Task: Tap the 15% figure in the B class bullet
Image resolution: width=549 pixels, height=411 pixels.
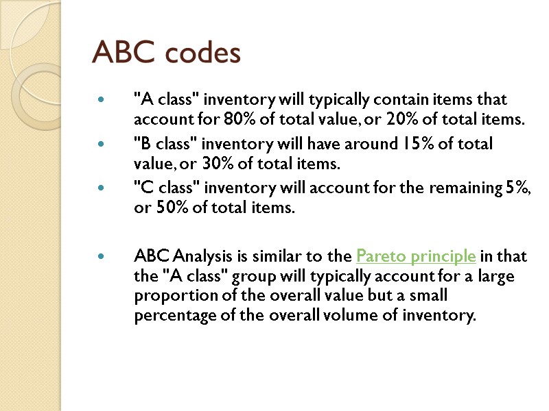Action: coord(412,145)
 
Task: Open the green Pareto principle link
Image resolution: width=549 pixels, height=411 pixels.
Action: coord(416,257)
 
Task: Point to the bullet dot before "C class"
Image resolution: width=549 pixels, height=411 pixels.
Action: coord(102,190)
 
